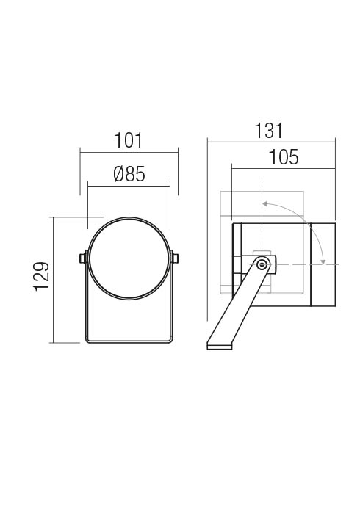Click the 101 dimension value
point(128,140)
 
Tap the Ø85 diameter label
point(129,174)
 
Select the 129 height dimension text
point(42,276)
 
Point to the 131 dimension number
point(268,131)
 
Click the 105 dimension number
point(284,157)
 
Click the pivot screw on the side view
point(262,264)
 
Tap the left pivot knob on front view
point(83,258)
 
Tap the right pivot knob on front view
point(174,258)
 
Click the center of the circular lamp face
point(129,258)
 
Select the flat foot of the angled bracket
point(220,346)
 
